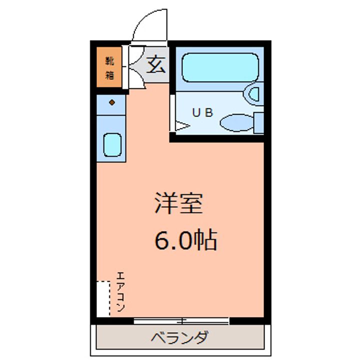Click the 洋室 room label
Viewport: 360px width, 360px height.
[177, 203]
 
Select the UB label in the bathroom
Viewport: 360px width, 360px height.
[203, 112]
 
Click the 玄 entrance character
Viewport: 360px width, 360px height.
[155, 65]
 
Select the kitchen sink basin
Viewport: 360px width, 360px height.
[112, 144]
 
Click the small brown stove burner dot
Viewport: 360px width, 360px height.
[112, 103]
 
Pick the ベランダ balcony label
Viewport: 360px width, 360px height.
[179, 337]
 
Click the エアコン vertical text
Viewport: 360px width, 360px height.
[121, 292]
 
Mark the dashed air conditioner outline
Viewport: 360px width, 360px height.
[103, 298]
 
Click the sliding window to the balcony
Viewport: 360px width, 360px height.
[181, 320]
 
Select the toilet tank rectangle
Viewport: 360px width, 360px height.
[258, 122]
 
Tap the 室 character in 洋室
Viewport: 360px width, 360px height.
[190, 203]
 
